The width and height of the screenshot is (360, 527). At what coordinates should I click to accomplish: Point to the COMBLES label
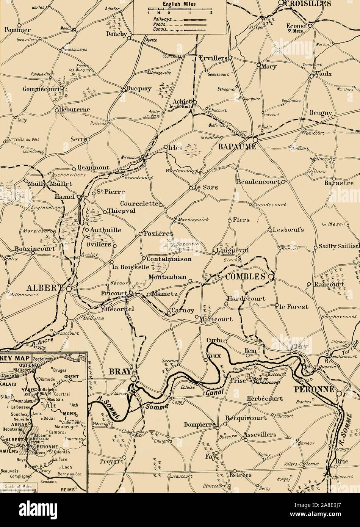pyautogui.click(x=245, y=277)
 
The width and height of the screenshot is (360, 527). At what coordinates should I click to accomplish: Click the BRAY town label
pyautogui.click(x=120, y=372)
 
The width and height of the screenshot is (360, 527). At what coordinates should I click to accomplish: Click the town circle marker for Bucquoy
pyautogui.click(x=124, y=89)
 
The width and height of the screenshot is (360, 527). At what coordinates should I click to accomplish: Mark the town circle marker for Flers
pyautogui.click(x=229, y=220)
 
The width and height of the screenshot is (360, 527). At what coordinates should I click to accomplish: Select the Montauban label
pyautogui.click(x=167, y=277)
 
